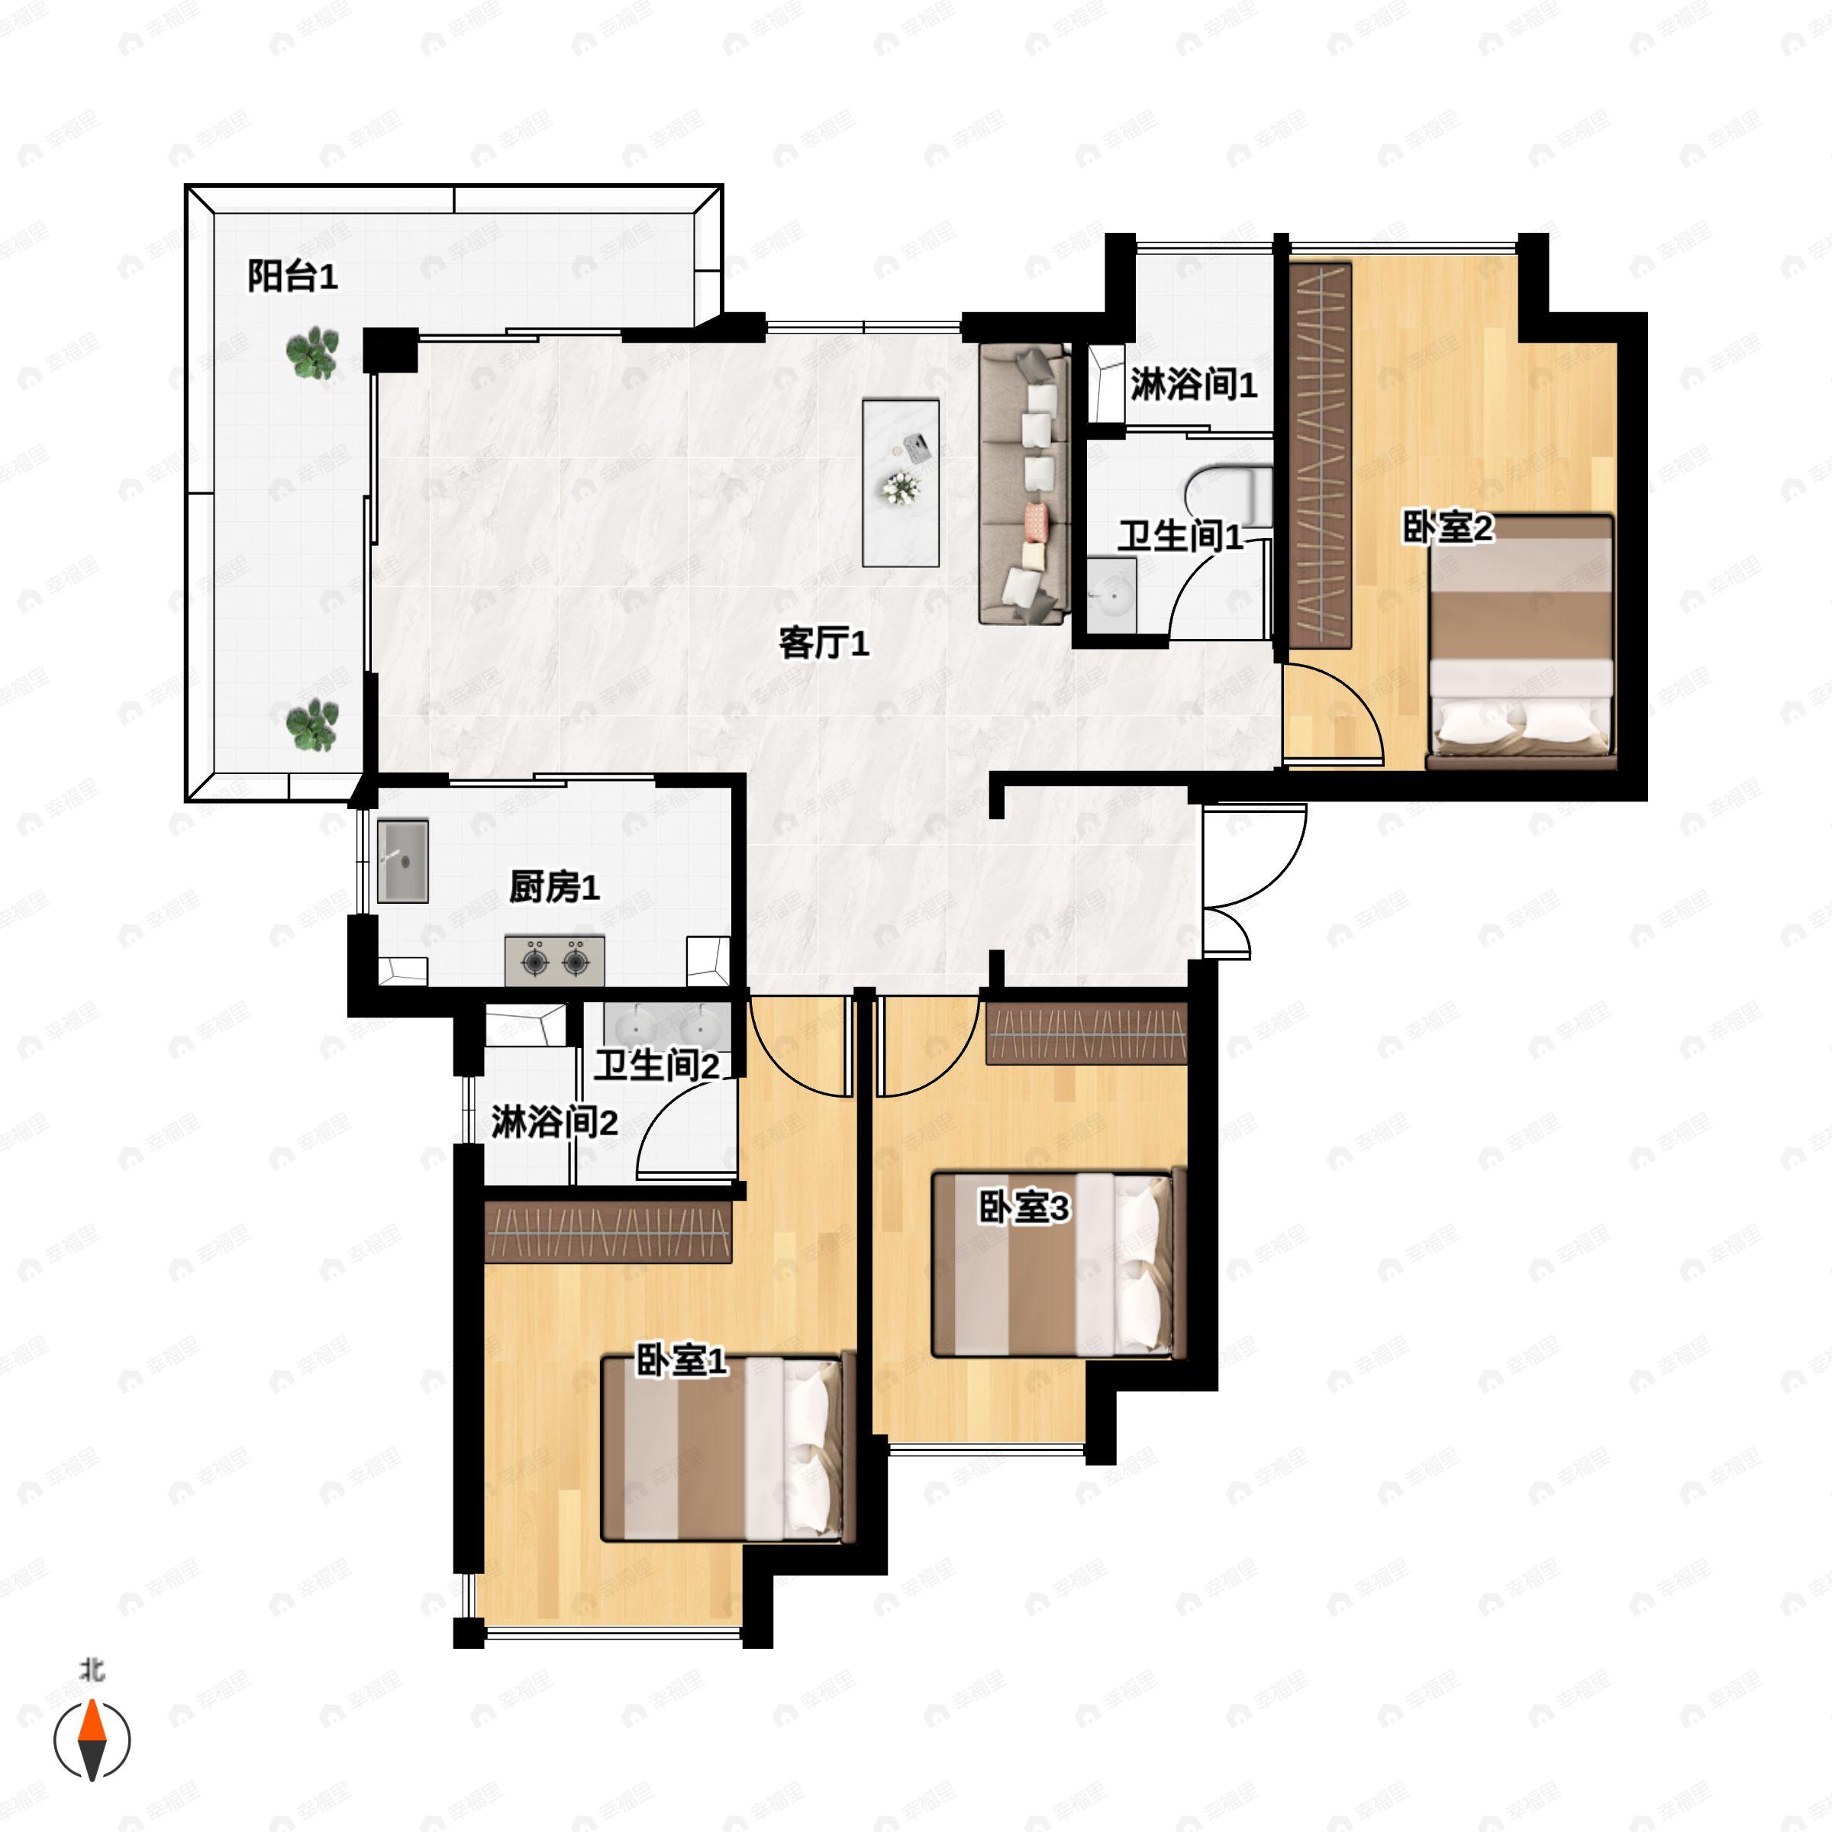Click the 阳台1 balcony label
pyautogui.click(x=292, y=277)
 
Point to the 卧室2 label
pyautogui.click(x=1447, y=528)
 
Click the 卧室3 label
pyautogui.click(x=1024, y=1208)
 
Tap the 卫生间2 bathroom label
pyautogui.click(x=656, y=1066)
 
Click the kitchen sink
pyautogui.click(x=403, y=861)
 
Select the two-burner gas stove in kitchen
pyautogui.click(x=555, y=960)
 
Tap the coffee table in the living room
pyautogui.click(x=900, y=482)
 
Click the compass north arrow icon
pyautogui.click(x=92, y=1739)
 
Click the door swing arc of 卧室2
pyautogui.click(x=1354, y=697)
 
